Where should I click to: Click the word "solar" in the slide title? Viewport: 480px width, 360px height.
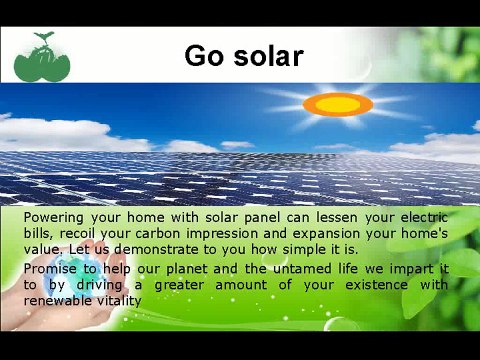[x=263, y=56]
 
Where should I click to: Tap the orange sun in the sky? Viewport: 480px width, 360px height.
[x=337, y=104]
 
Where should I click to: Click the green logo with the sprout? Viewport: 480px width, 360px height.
[x=42, y=59]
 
